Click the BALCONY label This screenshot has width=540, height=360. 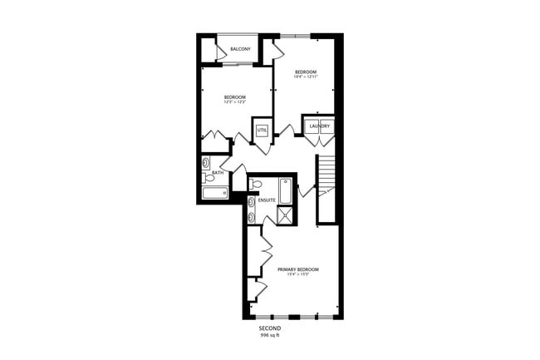240,49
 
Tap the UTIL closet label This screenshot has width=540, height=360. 262,131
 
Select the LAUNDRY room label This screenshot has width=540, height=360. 320,126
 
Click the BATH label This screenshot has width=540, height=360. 218,172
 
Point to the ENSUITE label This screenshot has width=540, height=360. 267,200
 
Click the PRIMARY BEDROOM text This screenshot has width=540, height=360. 298,269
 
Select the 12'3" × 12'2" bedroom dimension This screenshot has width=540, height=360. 235,102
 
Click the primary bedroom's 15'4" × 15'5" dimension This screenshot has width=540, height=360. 298,275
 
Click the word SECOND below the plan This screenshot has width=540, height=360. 271,329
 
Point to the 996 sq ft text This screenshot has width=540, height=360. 271,336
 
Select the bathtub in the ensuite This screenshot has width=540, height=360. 285,190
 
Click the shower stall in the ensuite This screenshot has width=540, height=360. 285,215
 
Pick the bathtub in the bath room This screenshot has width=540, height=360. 214,193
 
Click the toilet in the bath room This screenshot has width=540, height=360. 209,177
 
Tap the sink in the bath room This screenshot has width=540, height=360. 206,164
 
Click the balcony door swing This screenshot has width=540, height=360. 222,53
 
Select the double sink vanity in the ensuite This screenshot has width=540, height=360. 251,210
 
